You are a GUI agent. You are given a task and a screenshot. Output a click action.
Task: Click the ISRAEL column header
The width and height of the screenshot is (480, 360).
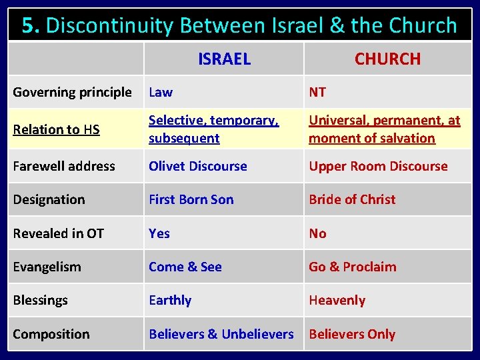pos(224,59)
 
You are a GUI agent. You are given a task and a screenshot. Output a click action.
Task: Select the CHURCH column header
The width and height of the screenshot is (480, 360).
pos(387,59)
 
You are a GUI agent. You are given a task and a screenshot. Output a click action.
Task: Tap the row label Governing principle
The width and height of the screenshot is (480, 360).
pos(72,92)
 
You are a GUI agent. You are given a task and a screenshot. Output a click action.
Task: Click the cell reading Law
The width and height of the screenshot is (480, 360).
pos(160,92)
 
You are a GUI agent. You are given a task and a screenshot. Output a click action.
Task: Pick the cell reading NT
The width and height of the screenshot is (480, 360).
pos(317,92)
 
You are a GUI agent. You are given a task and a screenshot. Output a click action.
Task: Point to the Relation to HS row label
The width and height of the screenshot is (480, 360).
pos(56,129)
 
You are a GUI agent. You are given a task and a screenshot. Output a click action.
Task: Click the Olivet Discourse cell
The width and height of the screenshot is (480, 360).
pos(197,166)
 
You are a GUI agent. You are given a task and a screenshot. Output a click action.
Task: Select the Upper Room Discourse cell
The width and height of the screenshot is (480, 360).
pos(378,166)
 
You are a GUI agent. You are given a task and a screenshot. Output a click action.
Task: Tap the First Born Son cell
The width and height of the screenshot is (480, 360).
pos(191,199)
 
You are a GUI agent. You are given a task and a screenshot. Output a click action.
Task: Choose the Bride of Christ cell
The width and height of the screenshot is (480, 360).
pos(352,199)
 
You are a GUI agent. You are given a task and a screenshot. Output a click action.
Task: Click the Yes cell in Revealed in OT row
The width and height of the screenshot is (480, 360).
pos(159,233)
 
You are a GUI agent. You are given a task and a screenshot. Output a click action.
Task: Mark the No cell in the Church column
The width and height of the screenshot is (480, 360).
pos(317,233)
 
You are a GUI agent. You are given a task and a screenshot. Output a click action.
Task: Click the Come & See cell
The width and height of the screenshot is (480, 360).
pos(185,267)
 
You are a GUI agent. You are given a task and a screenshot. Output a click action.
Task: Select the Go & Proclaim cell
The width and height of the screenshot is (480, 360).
pos(352,267)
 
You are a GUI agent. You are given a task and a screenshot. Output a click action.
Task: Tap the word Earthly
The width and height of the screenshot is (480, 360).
pos(170,300)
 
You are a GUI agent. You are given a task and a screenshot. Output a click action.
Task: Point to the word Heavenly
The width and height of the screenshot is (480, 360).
pos(337,300)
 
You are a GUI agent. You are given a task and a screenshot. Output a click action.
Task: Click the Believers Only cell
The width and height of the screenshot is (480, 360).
pos(352,334)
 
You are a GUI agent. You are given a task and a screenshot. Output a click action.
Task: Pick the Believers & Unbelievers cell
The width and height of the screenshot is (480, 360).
pos(221,334)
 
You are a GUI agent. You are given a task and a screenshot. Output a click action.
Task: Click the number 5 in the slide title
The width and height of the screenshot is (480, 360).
pos(28,25)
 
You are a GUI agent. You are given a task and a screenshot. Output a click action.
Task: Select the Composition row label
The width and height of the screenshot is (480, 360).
pos(51,334)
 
